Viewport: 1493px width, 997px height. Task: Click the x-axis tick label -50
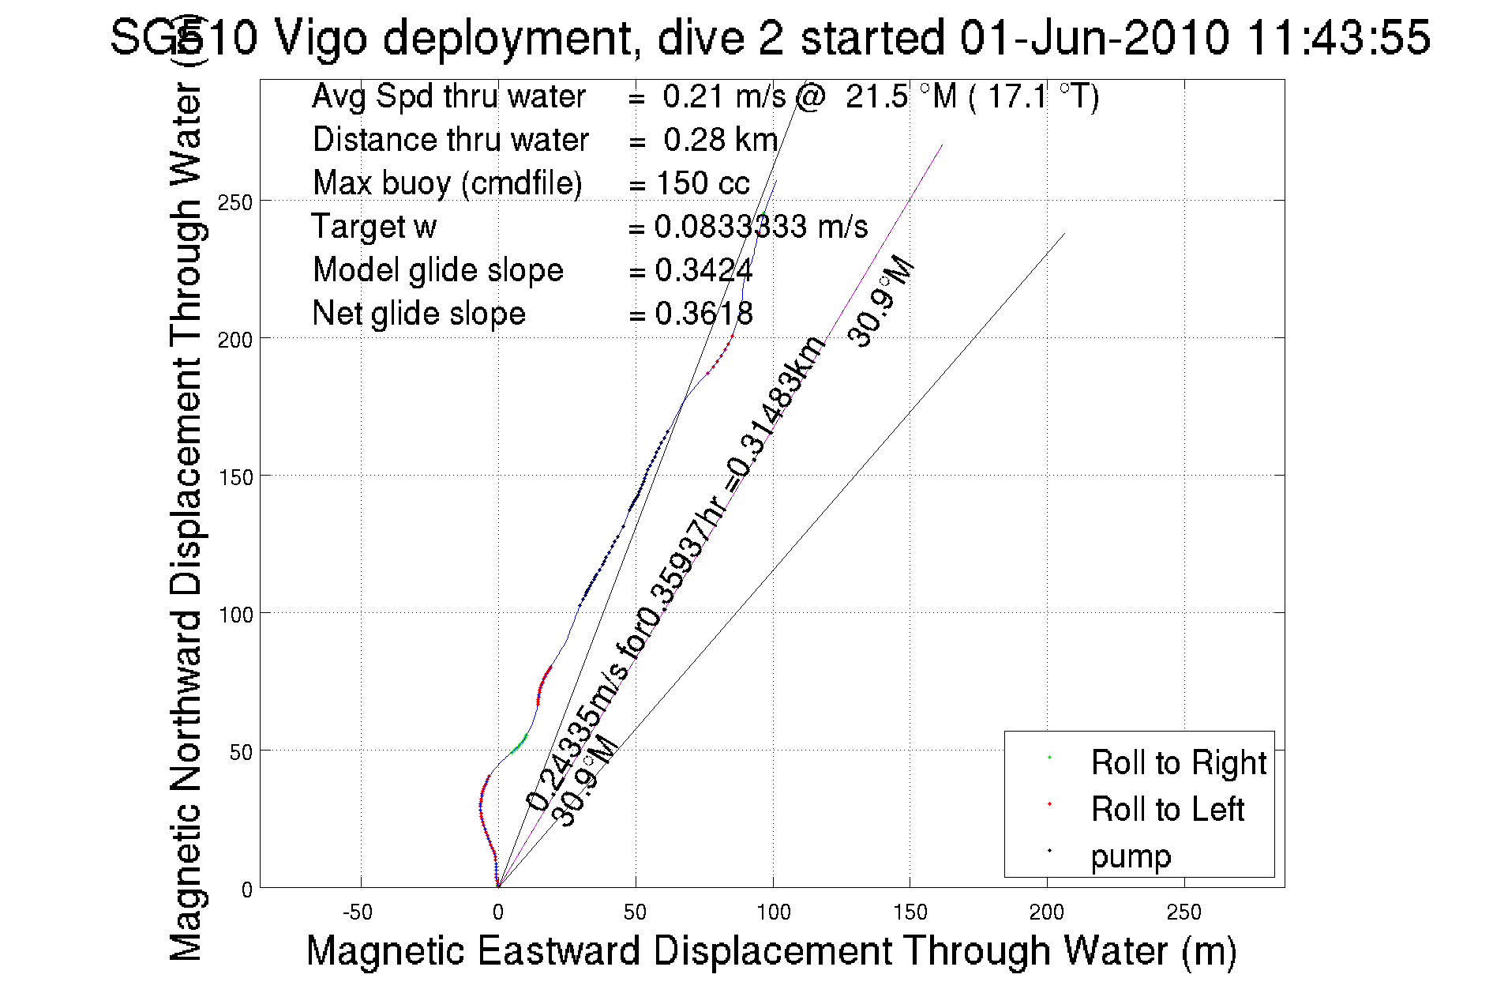point(358,912)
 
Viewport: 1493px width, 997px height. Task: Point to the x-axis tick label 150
point(910,912)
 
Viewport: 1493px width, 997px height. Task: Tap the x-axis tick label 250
point(1184,912)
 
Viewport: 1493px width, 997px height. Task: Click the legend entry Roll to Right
point(1178,763)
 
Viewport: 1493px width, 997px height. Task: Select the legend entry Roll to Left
point(1167,810)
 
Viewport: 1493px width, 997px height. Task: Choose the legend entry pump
point(1131,856)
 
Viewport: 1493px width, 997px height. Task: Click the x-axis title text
point(771,950)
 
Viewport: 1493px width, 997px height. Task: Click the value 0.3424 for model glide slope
point(703,271)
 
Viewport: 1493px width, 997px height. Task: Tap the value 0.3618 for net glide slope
point(703,314)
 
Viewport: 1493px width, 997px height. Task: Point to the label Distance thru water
point(450,141)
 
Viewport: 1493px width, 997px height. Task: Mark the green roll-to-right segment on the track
point(519,743)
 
